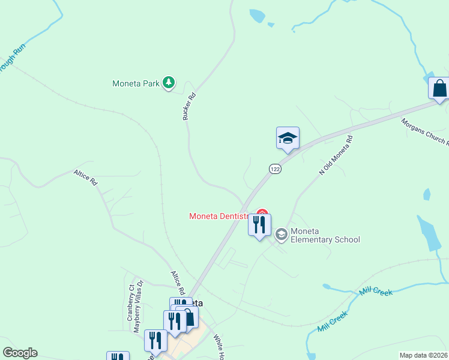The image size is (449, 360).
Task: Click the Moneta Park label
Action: [x=136, y=83]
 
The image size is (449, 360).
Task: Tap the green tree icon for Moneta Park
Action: [x=169, y=83]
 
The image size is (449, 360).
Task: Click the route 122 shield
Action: [x=275, y=170]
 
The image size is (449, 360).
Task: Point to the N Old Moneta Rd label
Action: [x=336, y=155]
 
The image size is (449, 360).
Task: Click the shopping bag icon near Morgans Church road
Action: [x=439, y=88]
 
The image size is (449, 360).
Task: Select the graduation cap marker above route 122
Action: [x=288, y=138]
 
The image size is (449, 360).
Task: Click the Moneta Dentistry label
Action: [x=219, y=216]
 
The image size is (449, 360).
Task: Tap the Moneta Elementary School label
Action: [x=325, y=235]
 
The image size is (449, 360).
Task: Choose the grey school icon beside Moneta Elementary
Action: [x=281, y=235]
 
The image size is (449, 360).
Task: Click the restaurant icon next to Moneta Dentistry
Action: [x=259, y=225]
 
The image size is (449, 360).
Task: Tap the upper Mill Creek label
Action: [x=376, y=292]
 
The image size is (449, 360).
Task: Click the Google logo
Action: [x=20, y=353]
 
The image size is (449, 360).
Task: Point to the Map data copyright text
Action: [x=424, y=355]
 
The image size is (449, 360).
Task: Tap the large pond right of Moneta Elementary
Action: [x=431, y=233]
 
